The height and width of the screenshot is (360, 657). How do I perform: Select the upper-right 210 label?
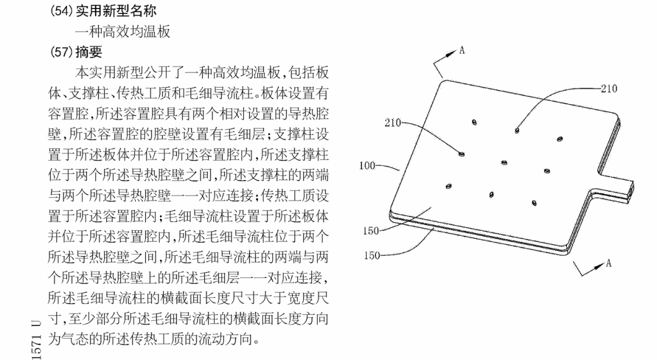click(x=608, y=89)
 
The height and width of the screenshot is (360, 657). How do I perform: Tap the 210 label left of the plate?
click(x=394, y=123)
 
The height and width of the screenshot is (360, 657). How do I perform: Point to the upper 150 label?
click(x=371, y=230)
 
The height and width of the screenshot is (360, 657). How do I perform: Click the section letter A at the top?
click(x=462, y=50)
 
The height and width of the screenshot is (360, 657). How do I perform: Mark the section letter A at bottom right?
click(x=608, y=263)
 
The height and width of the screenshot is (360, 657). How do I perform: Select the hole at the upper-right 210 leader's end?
click(x=516, y=130)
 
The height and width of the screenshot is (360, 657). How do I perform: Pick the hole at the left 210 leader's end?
click(x=462, y=154)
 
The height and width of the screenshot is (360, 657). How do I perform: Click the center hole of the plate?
click(x=504, y=162)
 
